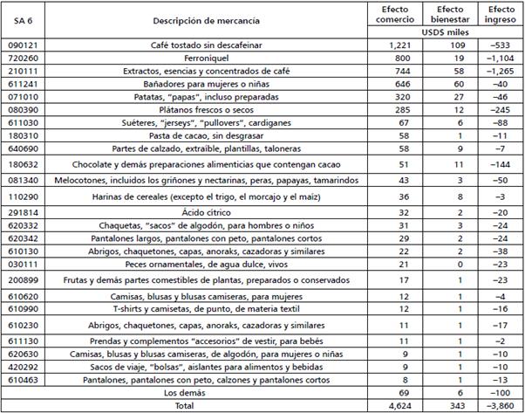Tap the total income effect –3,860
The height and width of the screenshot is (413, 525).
pyautogui.click(x=494, y=405)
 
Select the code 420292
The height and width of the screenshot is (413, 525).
pyautogui.click(x=24, y=368)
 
